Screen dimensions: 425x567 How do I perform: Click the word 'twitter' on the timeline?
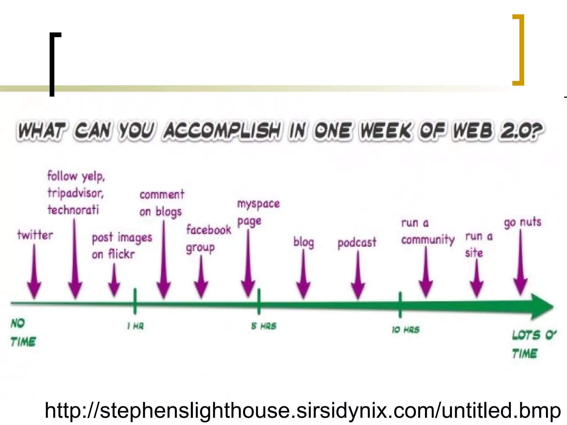tap(35, 235)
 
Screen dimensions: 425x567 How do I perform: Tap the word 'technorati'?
tap(73, 209)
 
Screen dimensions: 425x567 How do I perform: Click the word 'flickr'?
tap(121, 254)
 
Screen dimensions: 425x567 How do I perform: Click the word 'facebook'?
tap(209, 230)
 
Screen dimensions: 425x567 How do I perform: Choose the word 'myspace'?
tap(258, 204)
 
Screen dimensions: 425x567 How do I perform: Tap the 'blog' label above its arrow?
tap(304, 242)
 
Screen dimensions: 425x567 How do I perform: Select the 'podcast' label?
tap(357, 243)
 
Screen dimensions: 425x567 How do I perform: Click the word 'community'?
tap(428, 240)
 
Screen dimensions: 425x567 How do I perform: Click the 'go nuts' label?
tap(522, 222)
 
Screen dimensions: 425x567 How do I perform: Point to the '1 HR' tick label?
tap(135, 326)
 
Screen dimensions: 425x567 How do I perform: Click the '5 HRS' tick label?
tap(264, 326)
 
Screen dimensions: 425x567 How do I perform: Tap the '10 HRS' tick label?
tap(406, 330)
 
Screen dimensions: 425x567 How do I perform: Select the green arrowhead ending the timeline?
tap(541, 307)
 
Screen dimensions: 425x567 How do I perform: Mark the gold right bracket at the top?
tap(520, 50)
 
